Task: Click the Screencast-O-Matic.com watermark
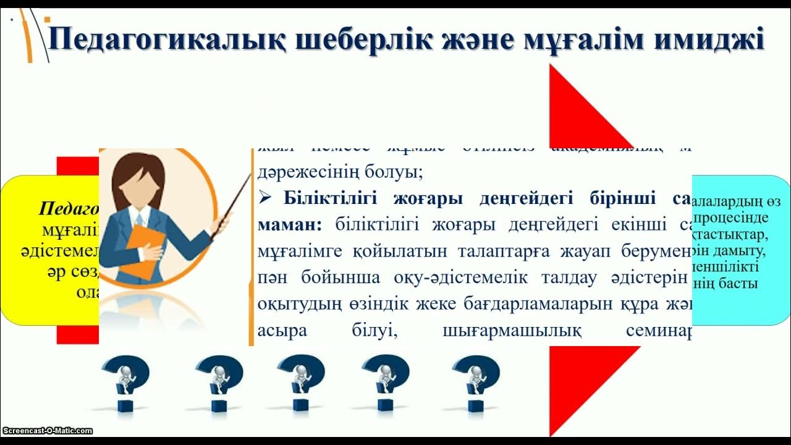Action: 47,431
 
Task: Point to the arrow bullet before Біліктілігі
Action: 266,198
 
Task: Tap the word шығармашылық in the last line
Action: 512,331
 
